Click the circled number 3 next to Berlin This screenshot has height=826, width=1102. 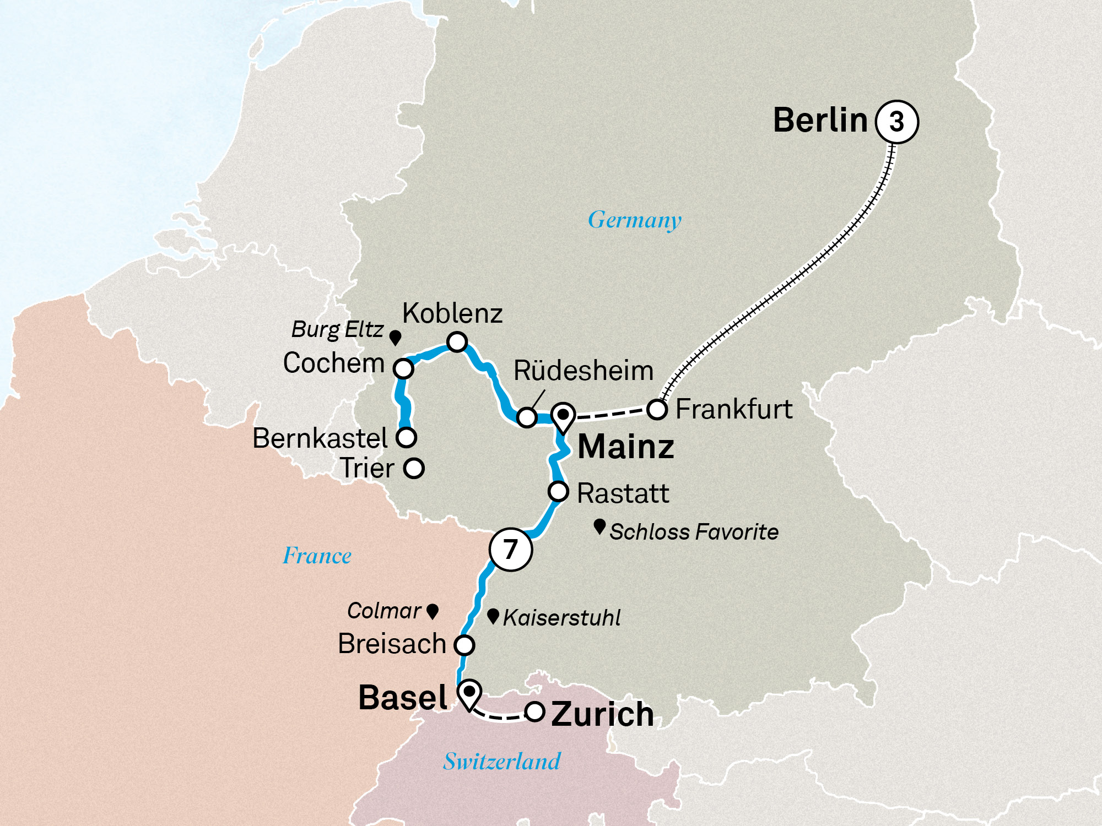[x=896, y=122]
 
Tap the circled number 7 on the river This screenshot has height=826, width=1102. [x=511, y=549]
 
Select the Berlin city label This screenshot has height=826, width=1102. [x=820, y=120]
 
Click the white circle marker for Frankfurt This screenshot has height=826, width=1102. [x=657, y=410]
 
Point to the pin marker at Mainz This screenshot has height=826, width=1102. [x=563, y=416]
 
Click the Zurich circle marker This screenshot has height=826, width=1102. [x=534, y=711]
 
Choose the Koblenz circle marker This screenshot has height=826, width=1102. [x=457, y=342]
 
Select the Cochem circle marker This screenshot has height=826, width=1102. [x=403, y=368]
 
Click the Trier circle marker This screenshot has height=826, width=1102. [x=413, y=469]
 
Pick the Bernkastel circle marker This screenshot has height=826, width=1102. [x=407, y=437]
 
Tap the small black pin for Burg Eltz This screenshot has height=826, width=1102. [x=395, y=337]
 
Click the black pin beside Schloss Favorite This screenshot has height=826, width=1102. [x=599, y=526]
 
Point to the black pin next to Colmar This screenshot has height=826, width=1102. [x=433, y=611]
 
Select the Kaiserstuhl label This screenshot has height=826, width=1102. [x=561, y=618]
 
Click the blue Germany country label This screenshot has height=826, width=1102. [x=634, y=220]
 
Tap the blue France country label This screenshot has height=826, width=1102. [x=317, y=556]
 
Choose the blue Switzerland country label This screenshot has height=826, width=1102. [x=501, y=762]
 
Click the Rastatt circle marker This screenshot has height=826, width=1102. [x=558, y=491]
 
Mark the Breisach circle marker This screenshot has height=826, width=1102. [x=464, y=644]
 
